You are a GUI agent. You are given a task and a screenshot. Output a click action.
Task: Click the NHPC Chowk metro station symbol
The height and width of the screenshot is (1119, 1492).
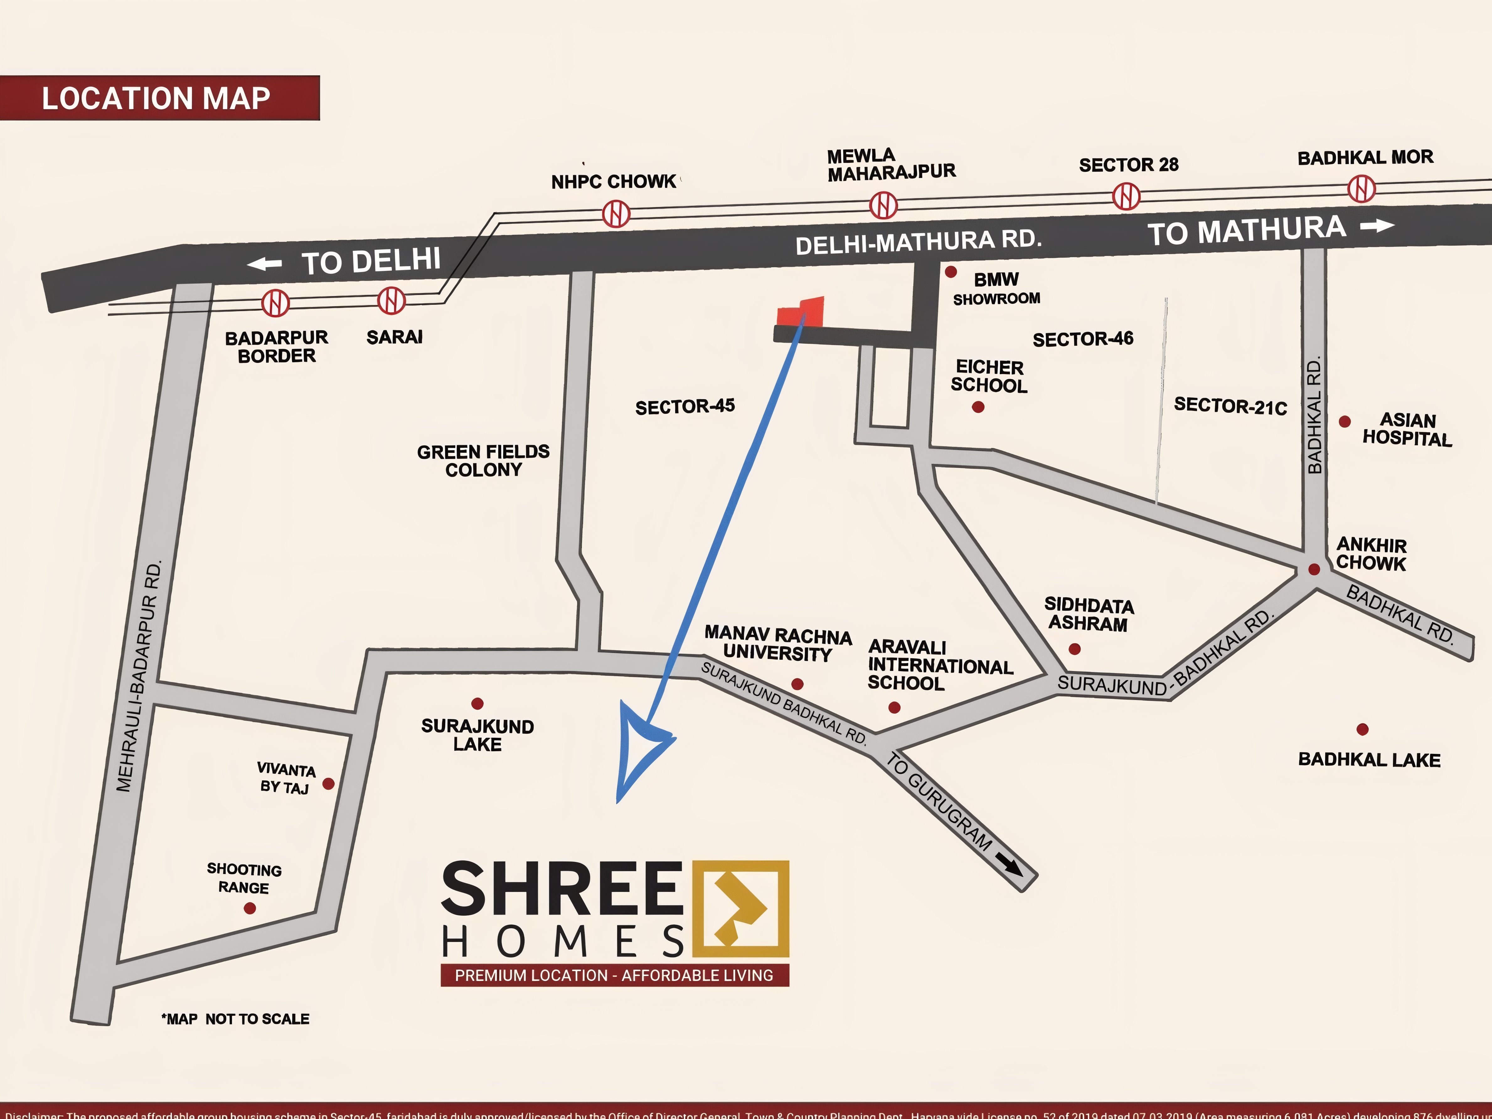pyautogui.click(x=616, y=214)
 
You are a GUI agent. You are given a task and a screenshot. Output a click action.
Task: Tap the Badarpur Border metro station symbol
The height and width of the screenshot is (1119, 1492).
pyautogui.click(x=275, y=303)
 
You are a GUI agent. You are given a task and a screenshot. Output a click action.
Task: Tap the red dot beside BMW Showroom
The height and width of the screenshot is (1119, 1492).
pyautogui.click(x=950, y=272)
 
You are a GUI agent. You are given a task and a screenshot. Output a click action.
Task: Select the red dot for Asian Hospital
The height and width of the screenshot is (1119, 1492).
pyautogui.click(x=1344, y=422)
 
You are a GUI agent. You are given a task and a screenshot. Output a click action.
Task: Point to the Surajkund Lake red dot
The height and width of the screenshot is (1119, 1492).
pyautogui.click(x=477, y=703)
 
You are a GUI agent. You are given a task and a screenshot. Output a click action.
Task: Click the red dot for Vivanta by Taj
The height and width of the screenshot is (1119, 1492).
pyautogui.click(x=328, y=784)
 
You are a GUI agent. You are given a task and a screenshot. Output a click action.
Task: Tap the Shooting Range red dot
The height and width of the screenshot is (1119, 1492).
pyautogui.click(x=250, y=909)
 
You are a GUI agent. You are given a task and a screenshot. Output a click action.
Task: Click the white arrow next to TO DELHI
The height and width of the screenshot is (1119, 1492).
pyautogui.click(x=264, y=264)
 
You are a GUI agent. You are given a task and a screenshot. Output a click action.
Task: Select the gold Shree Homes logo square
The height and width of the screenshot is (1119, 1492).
pyautogui.click(x=741, y=909)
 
